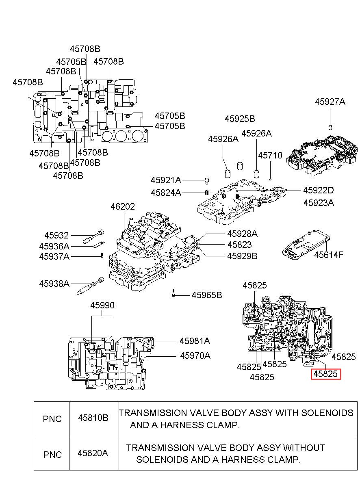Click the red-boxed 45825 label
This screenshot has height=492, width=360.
[x=326, y=374]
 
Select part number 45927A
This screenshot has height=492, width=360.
[x=330, y=102]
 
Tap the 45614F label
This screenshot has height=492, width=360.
[x=328, y=255]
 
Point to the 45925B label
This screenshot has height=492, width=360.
[x=240, y=119]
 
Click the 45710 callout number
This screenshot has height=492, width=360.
[x=270, y=155]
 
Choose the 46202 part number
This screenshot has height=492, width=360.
[x=123, y=207]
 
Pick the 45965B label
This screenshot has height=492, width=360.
[x=207, y=295]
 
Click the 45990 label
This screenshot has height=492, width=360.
[x=102, y=305]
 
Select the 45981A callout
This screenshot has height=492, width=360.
[x=195, y=341]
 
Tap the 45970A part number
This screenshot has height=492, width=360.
[x=195, y=355]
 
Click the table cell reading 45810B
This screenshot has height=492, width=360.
[x=93, y=418]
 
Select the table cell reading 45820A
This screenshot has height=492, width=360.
[x=93, y=453]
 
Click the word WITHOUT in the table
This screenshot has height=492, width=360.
[x=304, y=448]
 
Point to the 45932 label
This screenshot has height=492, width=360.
[x=56, y=235]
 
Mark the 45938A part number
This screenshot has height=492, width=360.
[x=54, y=284]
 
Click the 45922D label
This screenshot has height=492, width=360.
[x=318, y=190]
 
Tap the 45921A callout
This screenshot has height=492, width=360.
[x=166, y=180]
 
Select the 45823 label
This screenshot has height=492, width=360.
[x=239, y=245]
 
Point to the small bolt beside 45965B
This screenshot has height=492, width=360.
[x=173, y=293]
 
